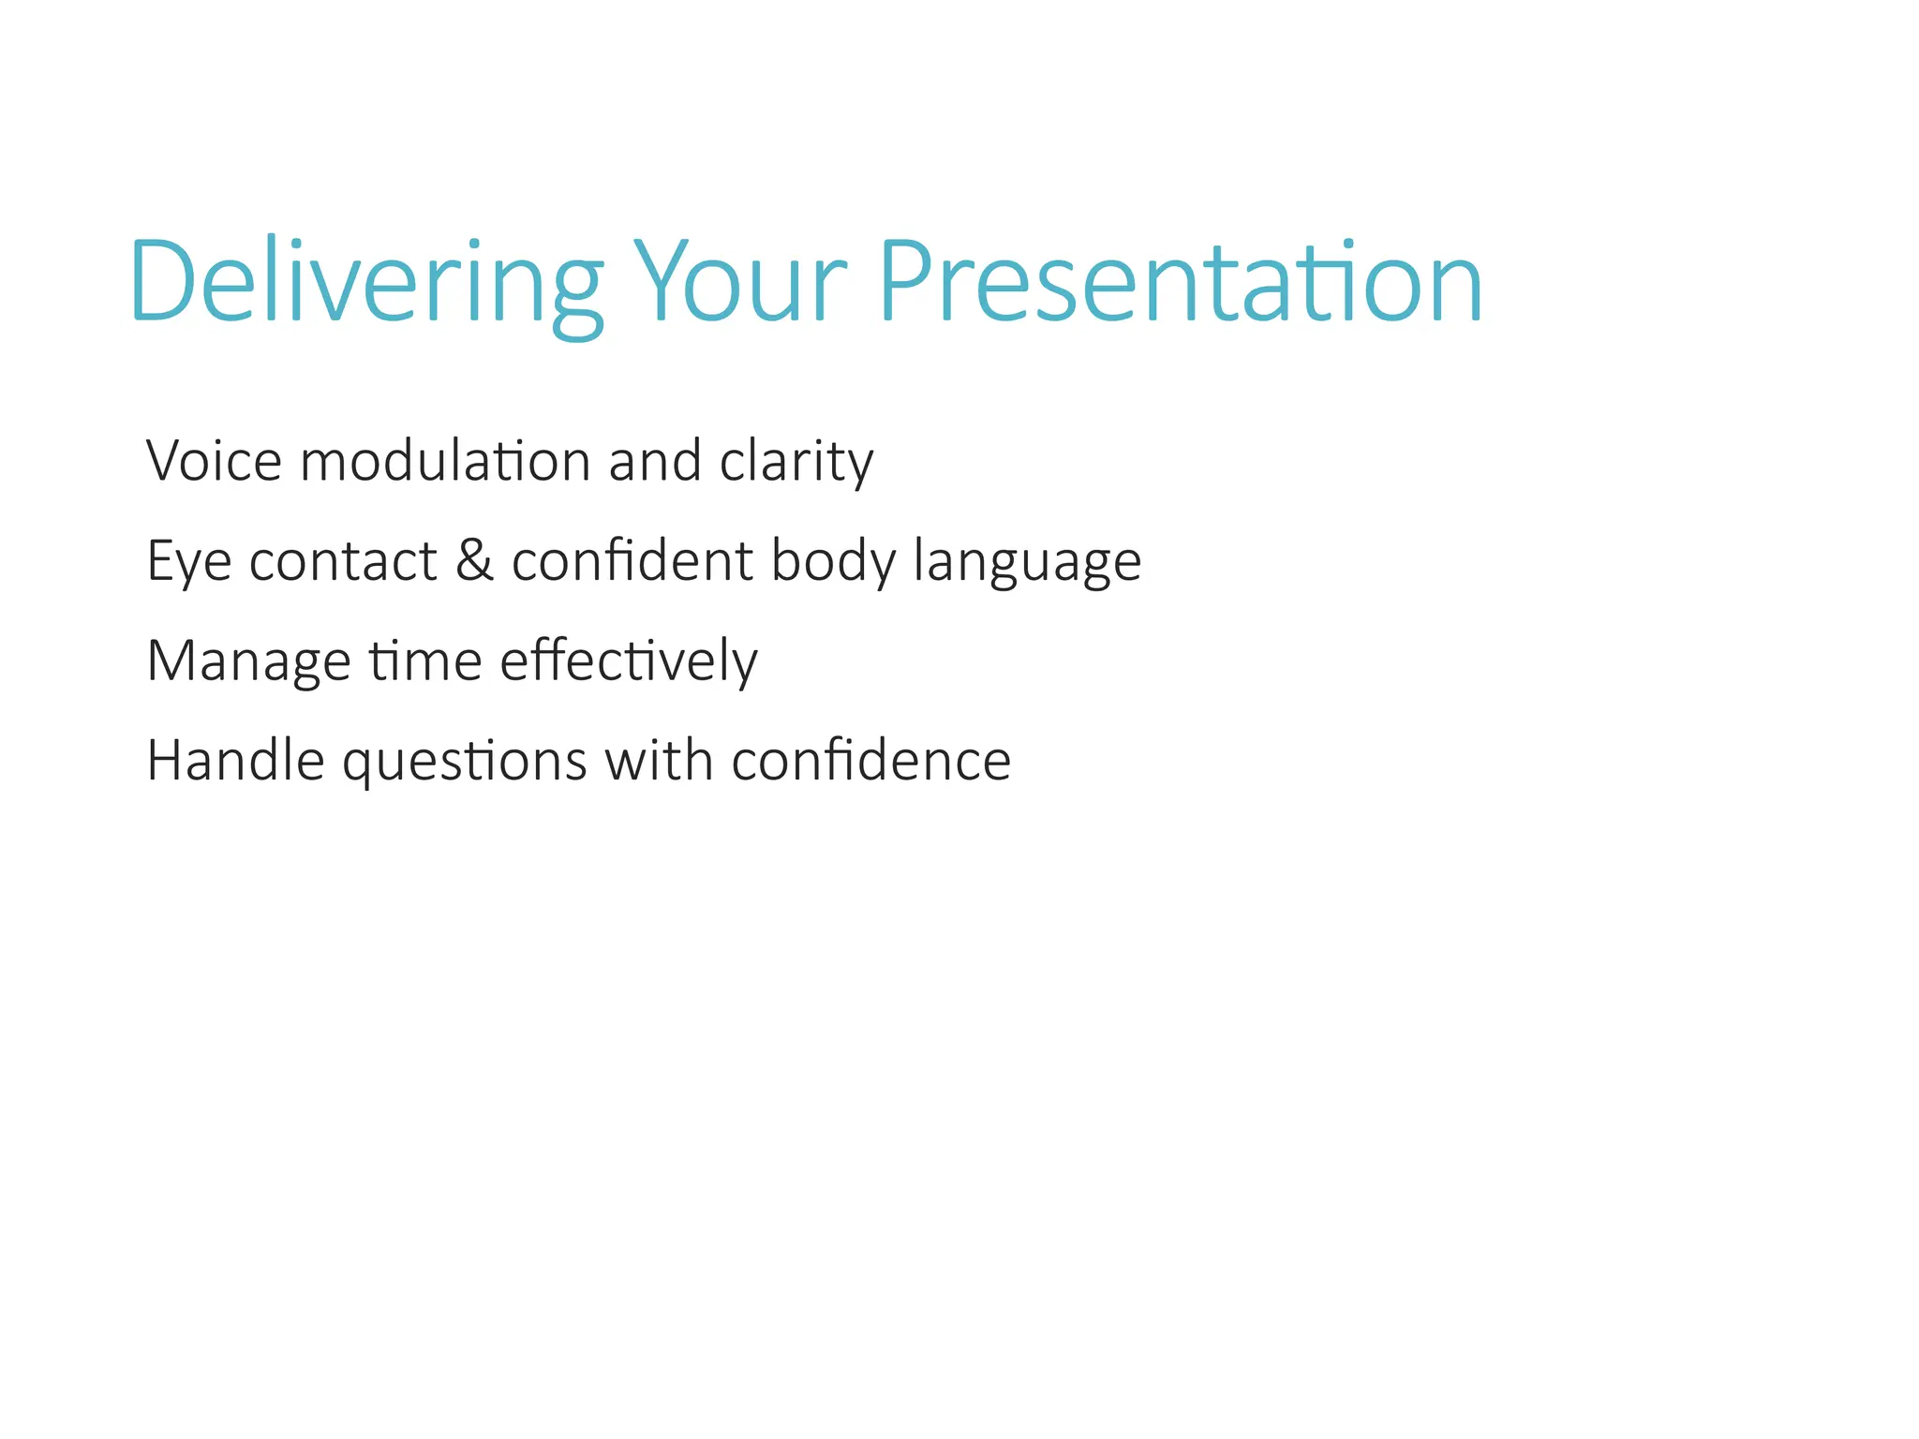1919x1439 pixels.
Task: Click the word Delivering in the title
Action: (x=365, y=281)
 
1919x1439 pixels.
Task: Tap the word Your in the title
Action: (x=740, y=281)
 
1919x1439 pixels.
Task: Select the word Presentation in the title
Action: (x=1181, y=281)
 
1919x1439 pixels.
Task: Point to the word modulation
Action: (x=445, y=461)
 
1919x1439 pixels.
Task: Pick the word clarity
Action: (x=796, y=463)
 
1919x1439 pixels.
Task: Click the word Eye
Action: (x=188, y=562)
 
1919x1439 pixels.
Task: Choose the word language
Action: (x=1027, y=562)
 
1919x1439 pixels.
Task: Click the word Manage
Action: (x=248, y=662)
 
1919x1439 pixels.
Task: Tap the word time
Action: (x=425, y=660)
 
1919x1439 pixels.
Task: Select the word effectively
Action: (x=629, y=662)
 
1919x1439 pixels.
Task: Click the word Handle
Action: (x=235, y=760)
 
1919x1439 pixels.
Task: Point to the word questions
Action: (x=465, y=762)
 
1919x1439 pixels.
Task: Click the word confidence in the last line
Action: (x=871, y=760)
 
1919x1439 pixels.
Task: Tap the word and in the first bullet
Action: (x=655, y=461)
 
